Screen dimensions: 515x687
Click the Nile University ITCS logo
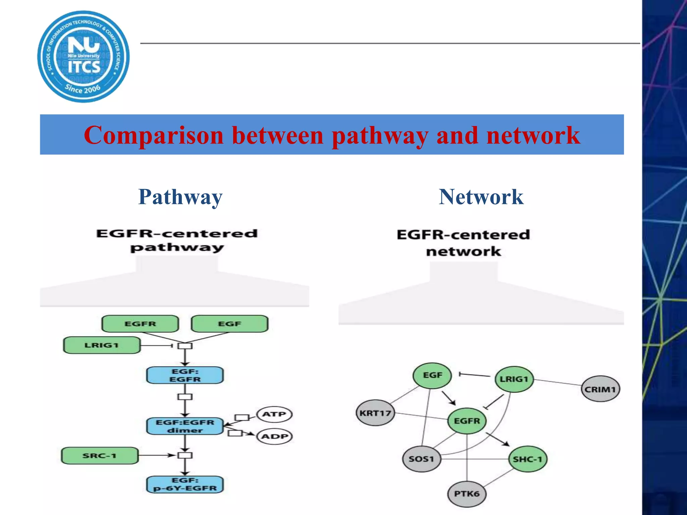(83, 56)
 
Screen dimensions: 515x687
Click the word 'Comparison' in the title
(154, 135)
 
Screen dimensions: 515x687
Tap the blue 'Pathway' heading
(180, 197)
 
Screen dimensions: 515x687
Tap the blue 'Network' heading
(481, 197)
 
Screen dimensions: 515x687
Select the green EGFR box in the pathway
(140, 324)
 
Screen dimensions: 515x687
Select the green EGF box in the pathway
(229, 324)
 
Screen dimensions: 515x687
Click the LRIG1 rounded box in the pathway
(102, 345)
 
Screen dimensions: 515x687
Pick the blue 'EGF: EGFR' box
(185, 375)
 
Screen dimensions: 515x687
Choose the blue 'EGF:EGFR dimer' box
(185, 426)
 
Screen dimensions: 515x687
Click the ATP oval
(274, 414)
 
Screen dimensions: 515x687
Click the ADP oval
(274, 437)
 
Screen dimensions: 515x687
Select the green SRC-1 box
(100, 456)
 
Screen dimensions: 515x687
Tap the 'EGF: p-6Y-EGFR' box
(185, 484)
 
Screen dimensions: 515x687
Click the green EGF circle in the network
(432, 376)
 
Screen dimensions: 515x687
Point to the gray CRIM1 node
(600, 389)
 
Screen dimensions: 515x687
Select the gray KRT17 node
(375, 413)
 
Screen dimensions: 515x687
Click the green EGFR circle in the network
(467, 421)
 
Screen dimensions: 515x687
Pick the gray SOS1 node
(422, 459)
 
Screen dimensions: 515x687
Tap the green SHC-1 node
(528, 459)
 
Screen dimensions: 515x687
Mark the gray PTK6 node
(467, 494)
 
